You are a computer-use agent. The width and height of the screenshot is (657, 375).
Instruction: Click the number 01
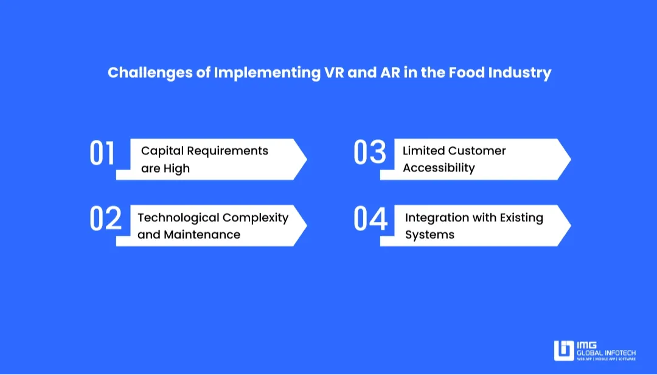click(x=102, y=154)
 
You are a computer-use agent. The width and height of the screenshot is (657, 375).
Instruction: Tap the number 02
click(x=106, y=219)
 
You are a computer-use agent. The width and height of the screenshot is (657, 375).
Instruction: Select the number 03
click(x=370, y=153)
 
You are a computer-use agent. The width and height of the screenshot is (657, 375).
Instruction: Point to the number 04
click(x=370, y=219)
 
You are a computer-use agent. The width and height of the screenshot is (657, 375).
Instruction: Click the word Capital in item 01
click(x=162, y=151)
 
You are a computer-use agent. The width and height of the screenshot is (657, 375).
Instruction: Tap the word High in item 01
click(x=176, y=168)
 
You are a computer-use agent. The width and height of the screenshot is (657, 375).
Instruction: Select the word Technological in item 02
click(x=178, y=218)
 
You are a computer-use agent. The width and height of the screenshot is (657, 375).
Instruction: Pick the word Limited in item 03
click(x=423, y=151)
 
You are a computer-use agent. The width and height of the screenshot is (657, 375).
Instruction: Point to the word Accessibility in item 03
click(x=439, y=168)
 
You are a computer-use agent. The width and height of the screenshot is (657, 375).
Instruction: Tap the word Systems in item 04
click(x=429, y=235)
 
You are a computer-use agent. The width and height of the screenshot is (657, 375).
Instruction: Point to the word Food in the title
click(x=466, y=73)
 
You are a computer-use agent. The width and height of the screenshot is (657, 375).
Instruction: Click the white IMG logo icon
click(x=563, y=351)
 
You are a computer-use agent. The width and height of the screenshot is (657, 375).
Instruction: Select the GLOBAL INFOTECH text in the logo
click(x=606, y=352)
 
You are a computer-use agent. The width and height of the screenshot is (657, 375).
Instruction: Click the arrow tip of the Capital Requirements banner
click(x=305, y=159)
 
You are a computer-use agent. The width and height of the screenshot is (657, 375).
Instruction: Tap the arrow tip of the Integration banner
click(x=569, y=225)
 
